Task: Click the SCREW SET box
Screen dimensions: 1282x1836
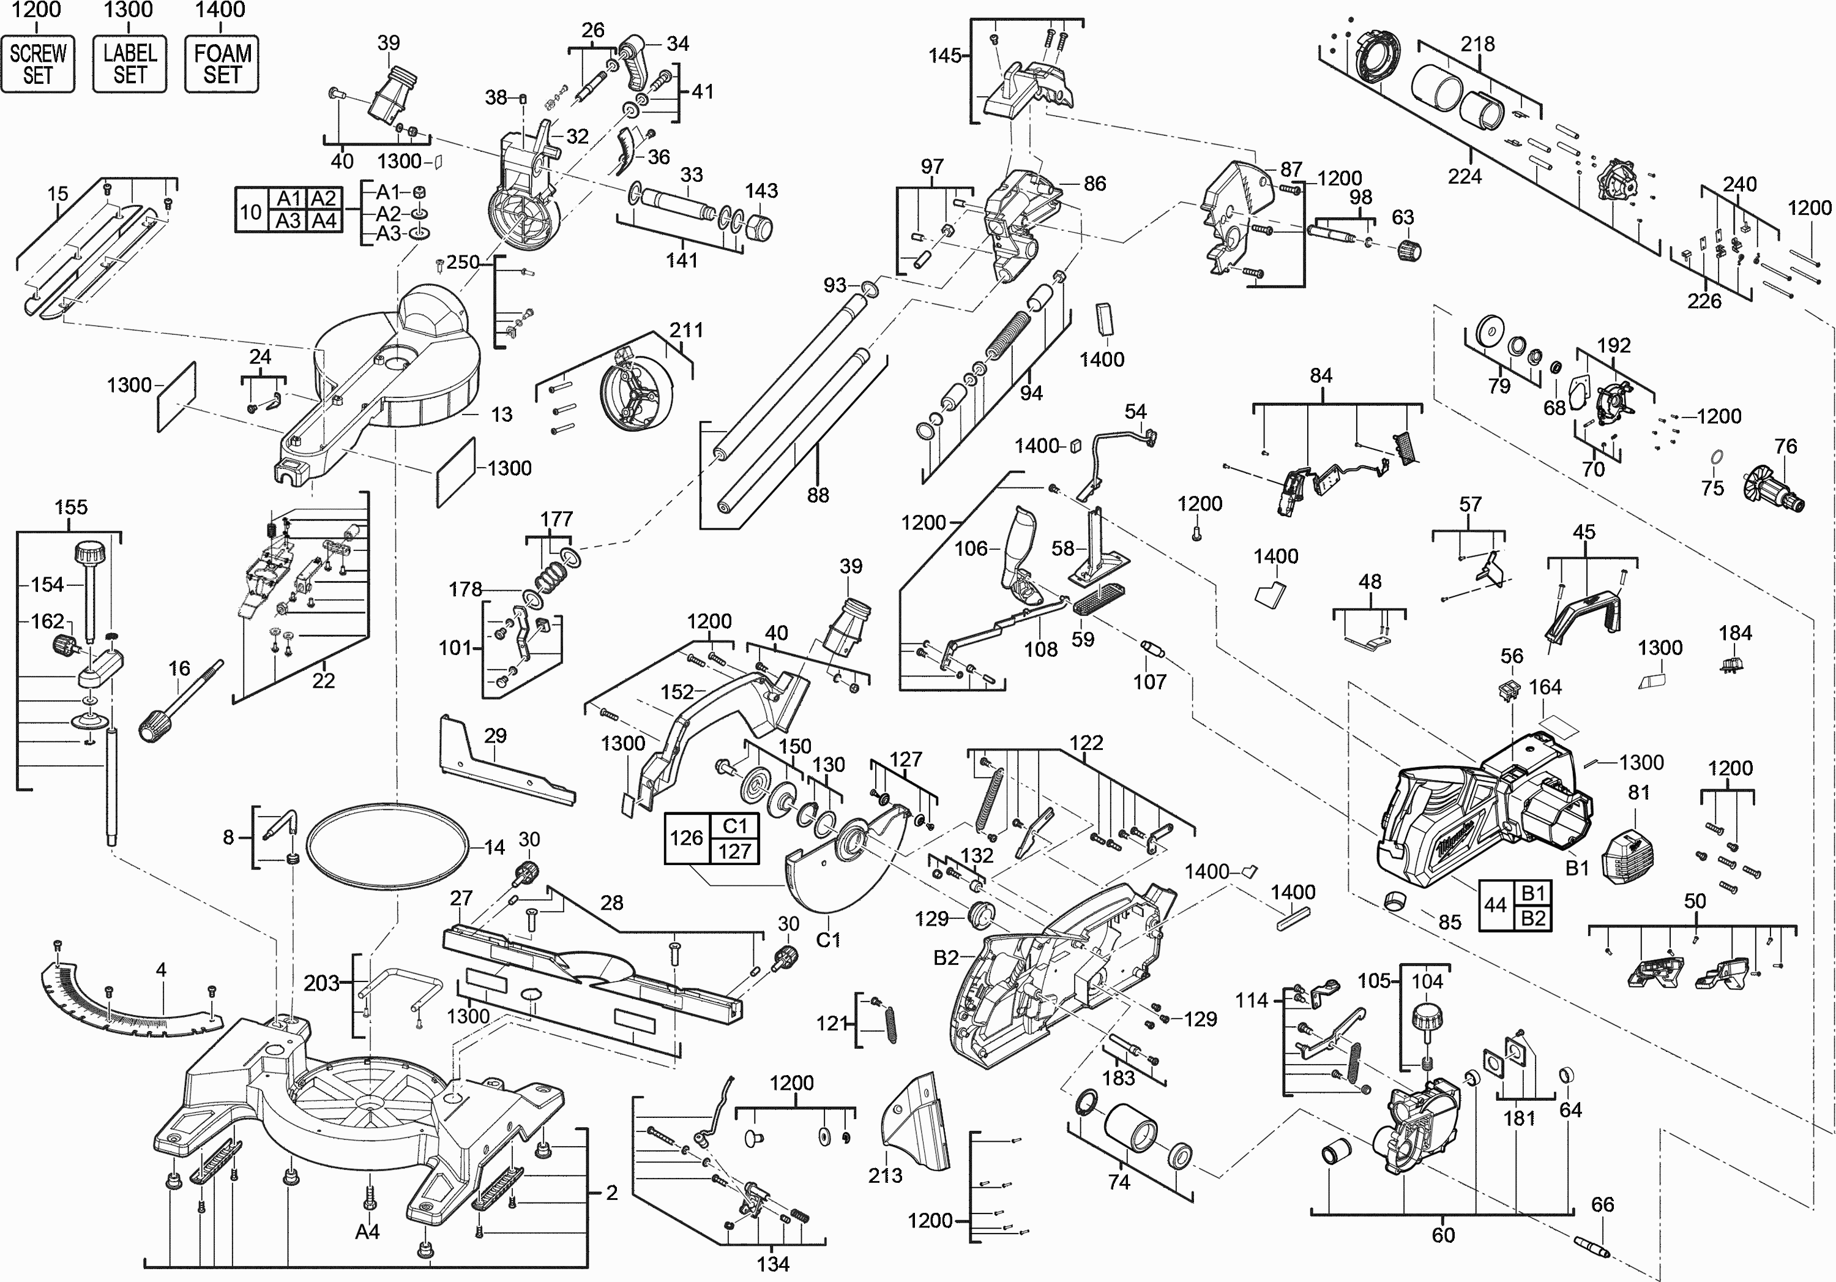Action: [37, 64]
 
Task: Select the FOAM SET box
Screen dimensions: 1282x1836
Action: [222, 64]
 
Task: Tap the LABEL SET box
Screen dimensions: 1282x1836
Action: [130, 64]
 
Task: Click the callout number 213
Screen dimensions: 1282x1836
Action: [885, 1175]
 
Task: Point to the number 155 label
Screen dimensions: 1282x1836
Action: [70, 507]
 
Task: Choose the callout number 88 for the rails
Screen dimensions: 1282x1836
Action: [817, 495]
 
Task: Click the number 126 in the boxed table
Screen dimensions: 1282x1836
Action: [686, 838]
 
